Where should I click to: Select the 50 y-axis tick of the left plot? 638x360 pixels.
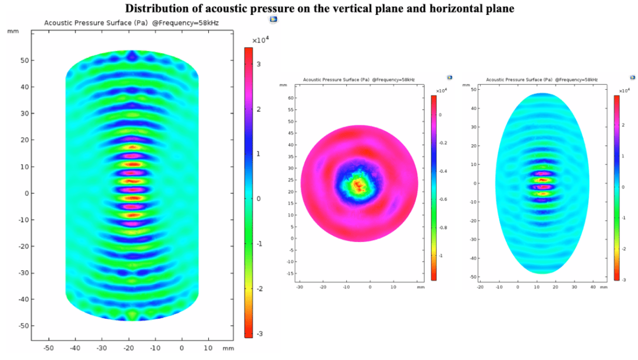[x=21, y=61]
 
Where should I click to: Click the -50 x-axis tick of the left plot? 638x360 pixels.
[x=49, y=348]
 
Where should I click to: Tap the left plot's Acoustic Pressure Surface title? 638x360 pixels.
[x=131, y=23]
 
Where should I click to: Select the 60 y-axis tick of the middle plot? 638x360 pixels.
[x=291, y=98]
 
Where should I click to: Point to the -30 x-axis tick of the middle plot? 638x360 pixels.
[x=299, y=287]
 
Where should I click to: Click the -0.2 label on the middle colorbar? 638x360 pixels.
[x=443, y=142]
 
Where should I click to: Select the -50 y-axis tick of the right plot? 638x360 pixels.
[x=473, y=276]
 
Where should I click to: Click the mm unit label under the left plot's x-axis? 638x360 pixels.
[x=228, y=348]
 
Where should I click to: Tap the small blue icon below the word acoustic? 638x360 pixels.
[x=273, y=19]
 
